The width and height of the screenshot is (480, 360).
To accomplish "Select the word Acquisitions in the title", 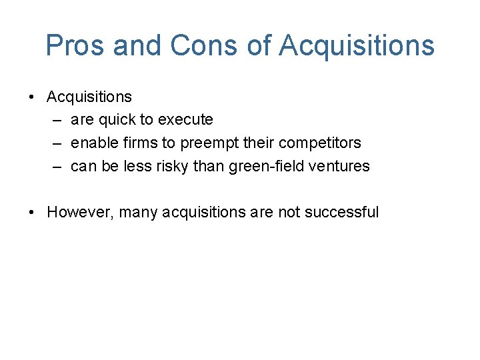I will [357, 46].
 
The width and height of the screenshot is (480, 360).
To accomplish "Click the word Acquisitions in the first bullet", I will [89, 97].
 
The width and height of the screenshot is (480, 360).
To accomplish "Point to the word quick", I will [115, 120].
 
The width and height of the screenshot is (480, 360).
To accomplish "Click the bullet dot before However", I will [32, 213].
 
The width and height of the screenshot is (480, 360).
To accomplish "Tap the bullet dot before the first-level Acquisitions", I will [32, 97].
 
